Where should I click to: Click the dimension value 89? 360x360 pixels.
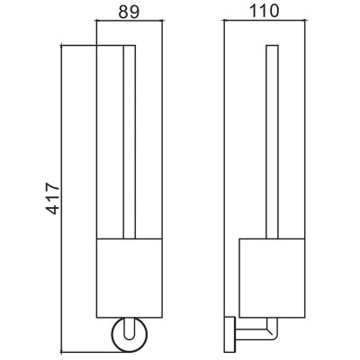click(129, 12)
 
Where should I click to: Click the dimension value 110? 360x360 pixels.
click(265, 12)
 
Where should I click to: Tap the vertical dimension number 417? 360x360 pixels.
click(54, 198)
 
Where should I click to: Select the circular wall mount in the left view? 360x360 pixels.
click(130, 334)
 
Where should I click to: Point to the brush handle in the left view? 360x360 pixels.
click(130, 142)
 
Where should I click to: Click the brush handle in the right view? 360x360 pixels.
click(272, 142)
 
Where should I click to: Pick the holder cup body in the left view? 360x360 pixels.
click(130, 278)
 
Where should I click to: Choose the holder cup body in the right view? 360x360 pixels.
click(272, 278)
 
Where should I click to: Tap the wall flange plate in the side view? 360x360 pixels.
click(229, 334)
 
